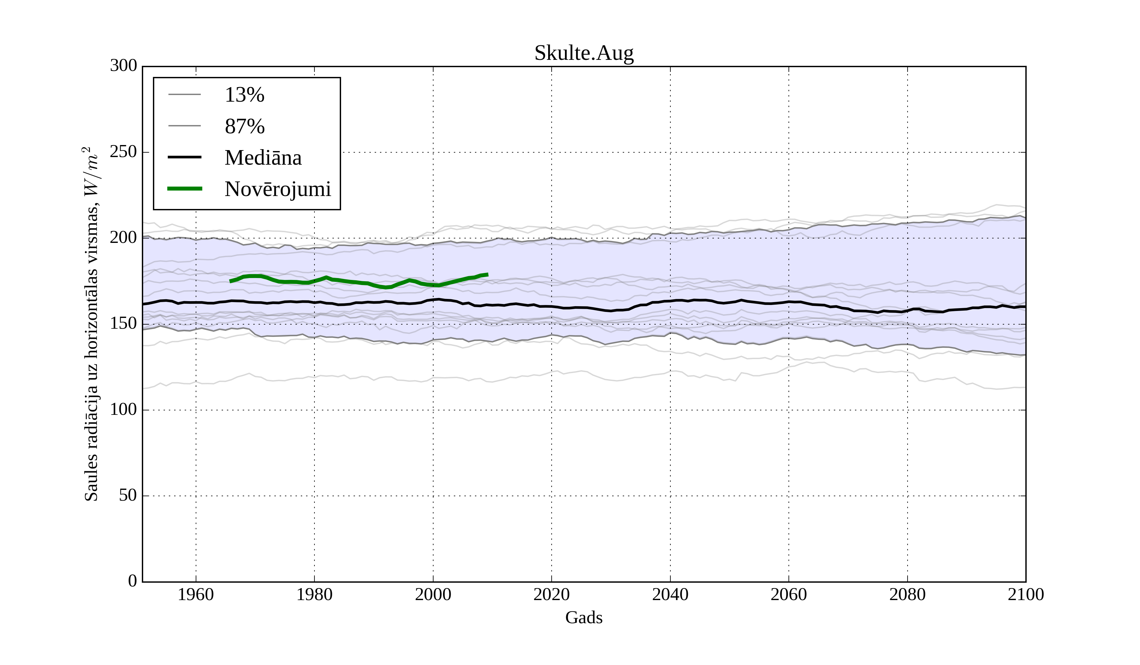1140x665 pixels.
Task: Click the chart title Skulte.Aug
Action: (x=584, y=54)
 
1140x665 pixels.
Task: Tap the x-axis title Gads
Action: (x=584, y=617)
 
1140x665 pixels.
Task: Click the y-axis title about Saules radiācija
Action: (x=92, y=324)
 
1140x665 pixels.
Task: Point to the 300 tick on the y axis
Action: (x=123, y=66)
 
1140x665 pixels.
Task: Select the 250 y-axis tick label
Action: (x=123, y=152)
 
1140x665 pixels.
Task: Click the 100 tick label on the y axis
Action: (x=123, y=409)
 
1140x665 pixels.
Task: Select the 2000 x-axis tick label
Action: (x=433, y=594)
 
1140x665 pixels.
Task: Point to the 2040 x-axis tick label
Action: (x=670, y=594)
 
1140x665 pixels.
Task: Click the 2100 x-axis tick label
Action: (x=1026, y=594)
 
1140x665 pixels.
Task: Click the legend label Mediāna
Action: (x=263, y=158)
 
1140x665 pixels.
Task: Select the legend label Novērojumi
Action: (x=278, y=189)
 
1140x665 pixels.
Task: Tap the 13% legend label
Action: (x=244, y=95)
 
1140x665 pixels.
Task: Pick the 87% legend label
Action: (x=244, y=127)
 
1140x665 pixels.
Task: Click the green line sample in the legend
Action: (x=185, y=189)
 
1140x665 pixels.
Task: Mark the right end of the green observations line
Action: (x=488, y=275)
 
